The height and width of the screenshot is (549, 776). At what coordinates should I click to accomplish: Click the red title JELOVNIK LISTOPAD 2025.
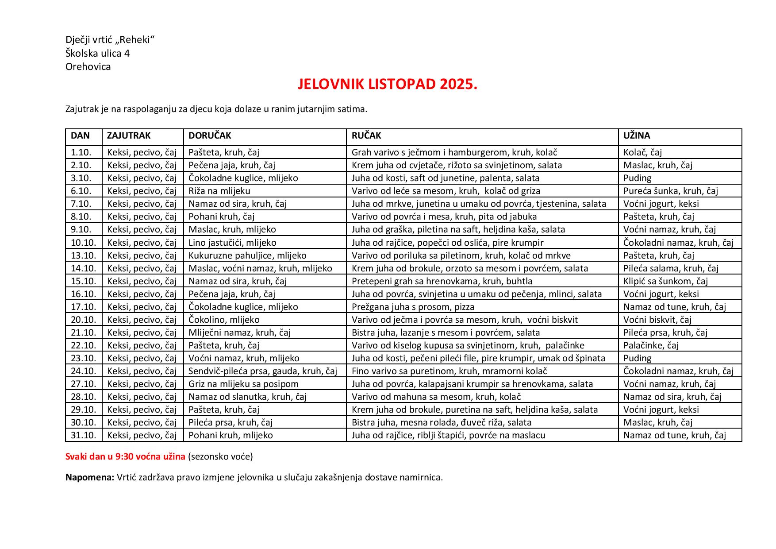coord(388,85)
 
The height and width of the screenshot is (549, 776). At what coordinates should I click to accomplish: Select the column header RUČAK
coord(366,136)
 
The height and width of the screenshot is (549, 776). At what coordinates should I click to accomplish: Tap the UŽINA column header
coord(637,136)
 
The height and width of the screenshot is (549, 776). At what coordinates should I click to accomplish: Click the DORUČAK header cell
coord(210,136)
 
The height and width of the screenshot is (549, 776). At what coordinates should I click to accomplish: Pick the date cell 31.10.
coord(83,435)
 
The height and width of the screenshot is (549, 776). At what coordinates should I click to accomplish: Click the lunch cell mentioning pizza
coord(413,307)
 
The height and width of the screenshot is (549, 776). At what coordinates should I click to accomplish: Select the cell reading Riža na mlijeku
coord(219,191)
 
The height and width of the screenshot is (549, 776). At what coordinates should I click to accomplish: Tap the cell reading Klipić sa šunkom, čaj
coord(665,281)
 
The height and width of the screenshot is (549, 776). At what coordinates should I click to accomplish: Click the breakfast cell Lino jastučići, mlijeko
coord(232,243)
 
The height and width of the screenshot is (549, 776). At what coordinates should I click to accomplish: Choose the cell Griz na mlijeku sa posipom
coord(243,384)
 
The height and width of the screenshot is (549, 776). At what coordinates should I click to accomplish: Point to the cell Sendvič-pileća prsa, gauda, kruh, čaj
coord(263,371)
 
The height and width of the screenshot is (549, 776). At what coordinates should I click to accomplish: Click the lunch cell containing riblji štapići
coord(448,435)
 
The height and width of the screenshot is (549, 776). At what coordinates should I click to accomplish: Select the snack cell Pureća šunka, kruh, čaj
coord(671,191)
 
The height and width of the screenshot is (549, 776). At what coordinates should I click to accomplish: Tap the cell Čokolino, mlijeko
coord(224,320)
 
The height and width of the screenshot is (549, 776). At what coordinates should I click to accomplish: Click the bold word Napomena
coord(90,478)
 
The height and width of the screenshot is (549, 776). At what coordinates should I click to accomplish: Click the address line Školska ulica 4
coord(97,54)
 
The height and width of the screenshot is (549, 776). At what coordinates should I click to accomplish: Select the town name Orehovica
coord(88,67)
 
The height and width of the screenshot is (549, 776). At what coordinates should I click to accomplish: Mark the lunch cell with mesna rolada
coord(441,422)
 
